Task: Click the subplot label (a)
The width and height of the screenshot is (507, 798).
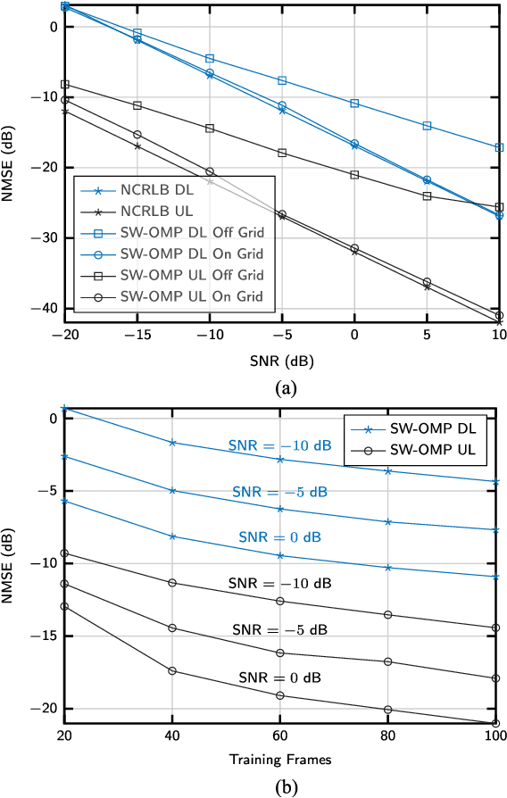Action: click(281, 388)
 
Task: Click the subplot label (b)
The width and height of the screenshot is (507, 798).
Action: click(281, 786)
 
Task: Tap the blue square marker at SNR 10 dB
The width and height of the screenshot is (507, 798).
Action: click(499, 147)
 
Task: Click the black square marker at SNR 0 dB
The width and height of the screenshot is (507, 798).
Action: click(354, 175)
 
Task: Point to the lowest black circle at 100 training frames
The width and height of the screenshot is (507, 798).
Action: click(499, 724)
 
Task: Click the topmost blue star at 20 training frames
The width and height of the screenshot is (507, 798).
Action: click(64, 408)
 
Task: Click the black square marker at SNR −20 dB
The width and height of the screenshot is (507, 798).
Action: click(64, 85)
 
